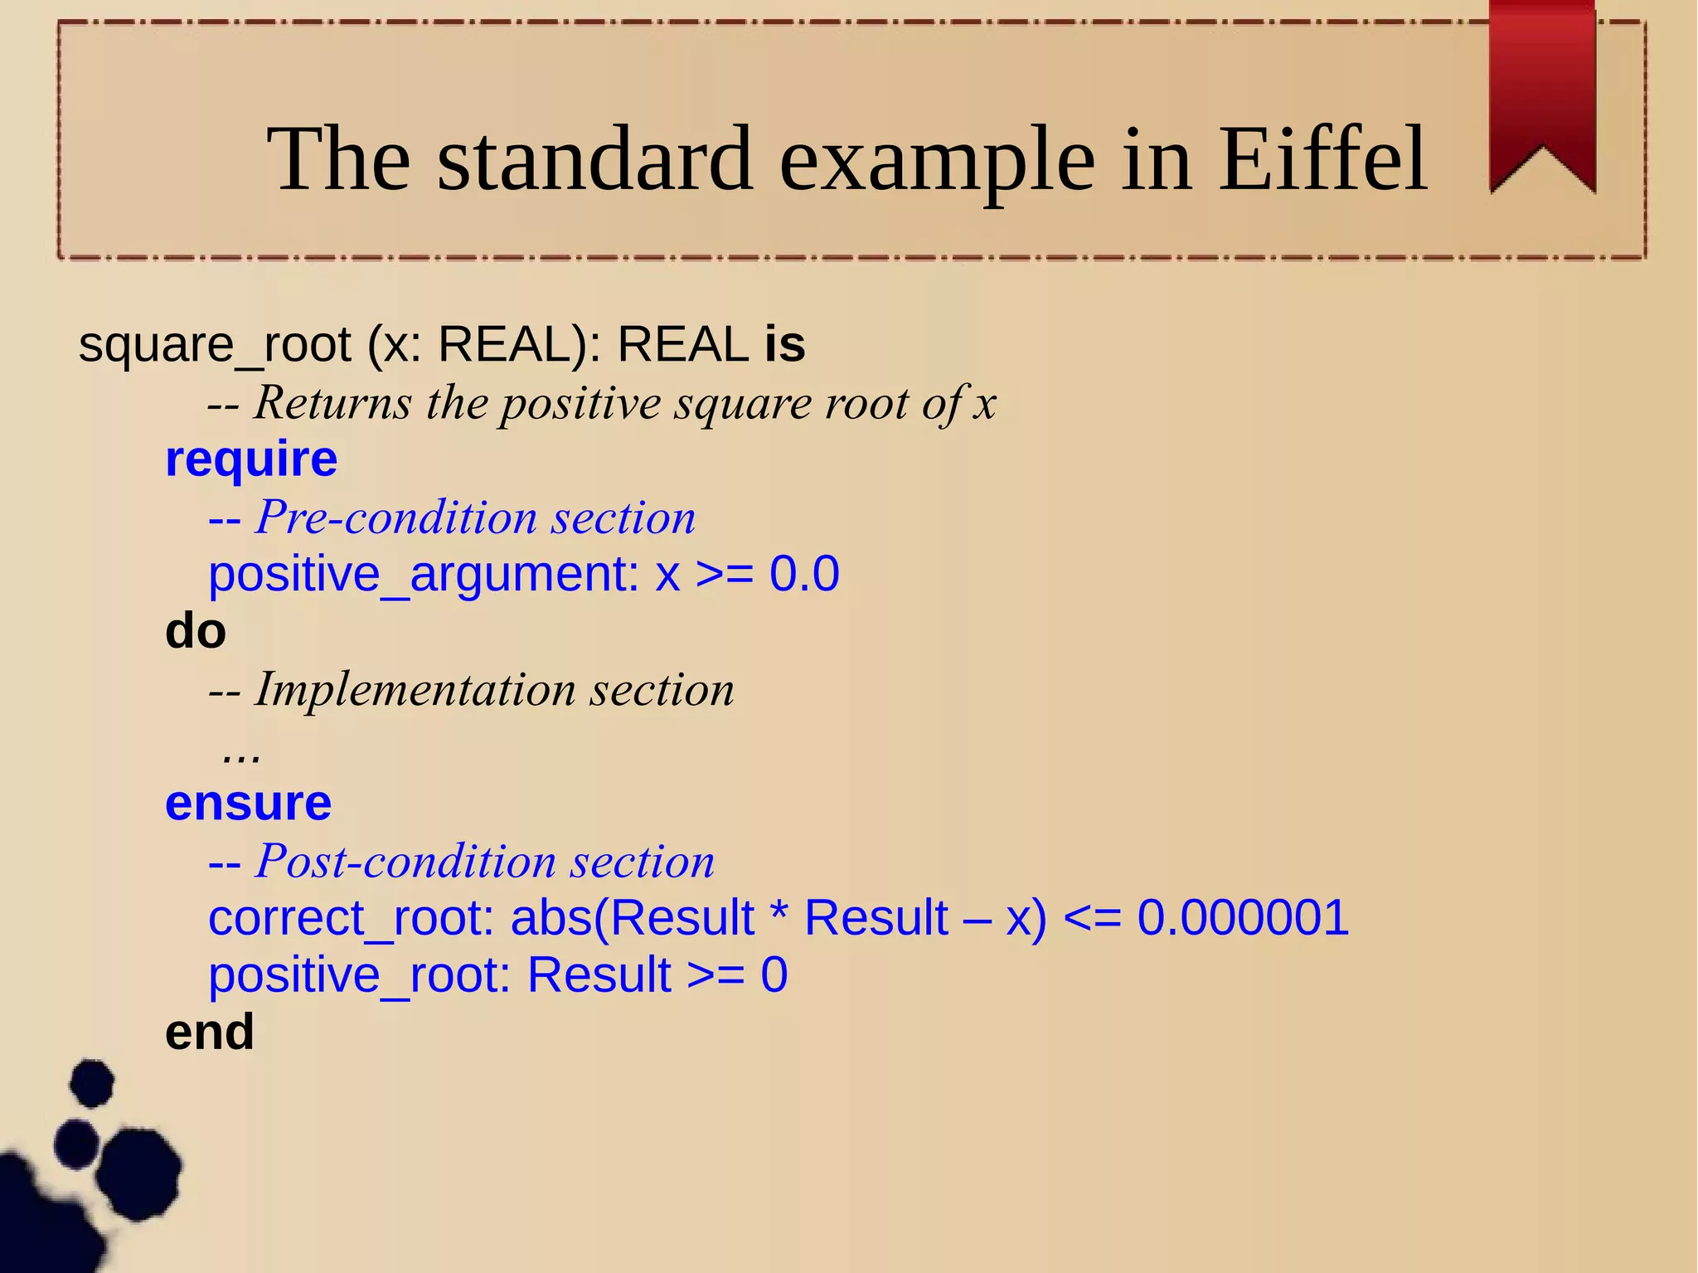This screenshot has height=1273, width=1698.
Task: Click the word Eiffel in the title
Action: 1322,159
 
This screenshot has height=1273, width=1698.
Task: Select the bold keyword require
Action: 251,459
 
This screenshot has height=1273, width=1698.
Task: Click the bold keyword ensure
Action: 248,803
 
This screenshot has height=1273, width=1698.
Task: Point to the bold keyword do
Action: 196,631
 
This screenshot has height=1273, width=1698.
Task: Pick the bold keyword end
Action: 209,1032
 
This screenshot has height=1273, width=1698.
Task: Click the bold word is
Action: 784,344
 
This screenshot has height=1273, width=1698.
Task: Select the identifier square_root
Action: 215,344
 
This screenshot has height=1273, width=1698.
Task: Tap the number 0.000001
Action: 1242,917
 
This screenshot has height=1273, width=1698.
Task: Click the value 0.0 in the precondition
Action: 803,574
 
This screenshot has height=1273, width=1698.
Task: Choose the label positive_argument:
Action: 424,574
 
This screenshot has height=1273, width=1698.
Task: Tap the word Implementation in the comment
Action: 415,689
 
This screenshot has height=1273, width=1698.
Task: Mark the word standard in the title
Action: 594,159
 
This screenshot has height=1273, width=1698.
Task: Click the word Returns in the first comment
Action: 332,403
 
